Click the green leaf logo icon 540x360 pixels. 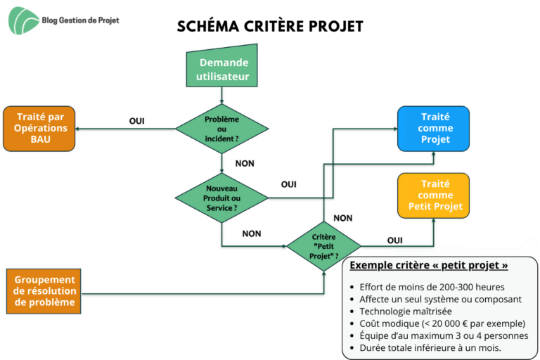click(x=23, y=20)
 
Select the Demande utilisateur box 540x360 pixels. click(x=221, y=65)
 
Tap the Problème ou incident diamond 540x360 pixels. click(x=221, y=129)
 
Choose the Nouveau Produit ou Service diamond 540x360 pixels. click(x=221, y=198)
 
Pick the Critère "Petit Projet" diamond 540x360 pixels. click(x=323, y=246)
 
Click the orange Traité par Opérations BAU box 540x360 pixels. click(x=39, y=129)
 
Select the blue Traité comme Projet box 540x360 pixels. click(x=433, y=129)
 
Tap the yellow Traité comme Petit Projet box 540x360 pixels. click(x=433, y=195)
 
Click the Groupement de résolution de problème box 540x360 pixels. click(x=44, y=291)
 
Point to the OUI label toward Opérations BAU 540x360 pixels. click(x=136, y=121)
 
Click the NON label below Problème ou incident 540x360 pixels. click(x=245, y=164)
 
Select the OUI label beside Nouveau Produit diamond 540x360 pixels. click(x=288, y=185)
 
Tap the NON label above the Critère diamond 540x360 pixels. click(x=343, y=218)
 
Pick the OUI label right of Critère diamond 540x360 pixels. click(x=394, y=240)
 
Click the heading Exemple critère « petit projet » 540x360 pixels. click(x=429, y=265)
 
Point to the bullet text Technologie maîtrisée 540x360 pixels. click(x=406, y=311)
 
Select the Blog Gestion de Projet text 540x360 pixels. click(x=81, y=20)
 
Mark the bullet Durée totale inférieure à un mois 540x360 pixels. click(x=430, y=348)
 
